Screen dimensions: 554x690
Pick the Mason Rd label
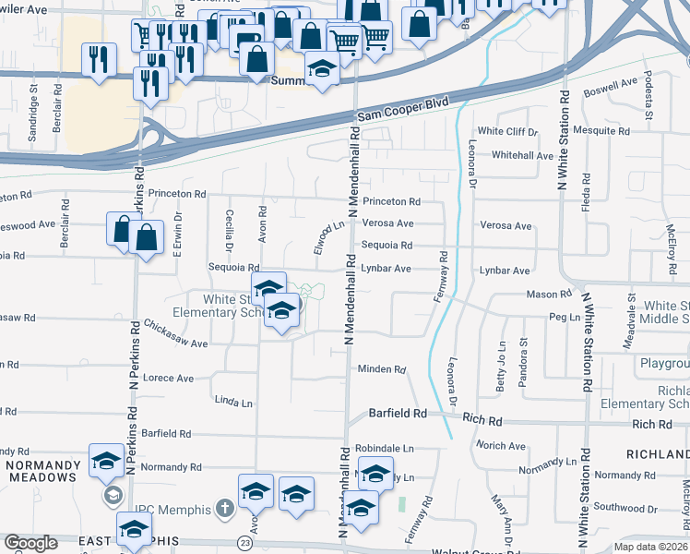(549, 294)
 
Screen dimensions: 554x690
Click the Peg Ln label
(562, 317)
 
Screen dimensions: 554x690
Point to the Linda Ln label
(232, 403)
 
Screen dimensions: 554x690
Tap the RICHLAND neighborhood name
(658, 454)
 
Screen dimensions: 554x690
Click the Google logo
(30, 543)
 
